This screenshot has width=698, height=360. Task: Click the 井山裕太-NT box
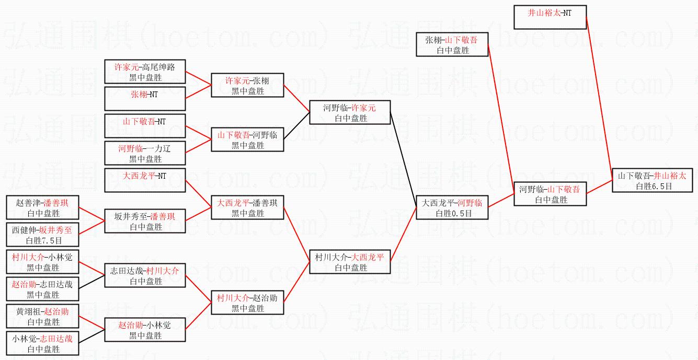pos(550,17)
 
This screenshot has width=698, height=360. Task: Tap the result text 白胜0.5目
pos(452,213)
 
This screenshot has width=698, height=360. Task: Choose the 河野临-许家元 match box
pos(349,112)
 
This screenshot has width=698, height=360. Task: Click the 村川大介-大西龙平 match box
pos(349,262)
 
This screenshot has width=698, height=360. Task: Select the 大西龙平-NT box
pos(145,180)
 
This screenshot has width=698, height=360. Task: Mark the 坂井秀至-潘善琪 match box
pos(145,221)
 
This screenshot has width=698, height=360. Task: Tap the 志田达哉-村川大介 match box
pos(145,275)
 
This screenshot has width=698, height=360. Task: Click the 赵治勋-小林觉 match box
pos(145,330)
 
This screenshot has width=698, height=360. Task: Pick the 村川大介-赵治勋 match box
pos(247,303)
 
